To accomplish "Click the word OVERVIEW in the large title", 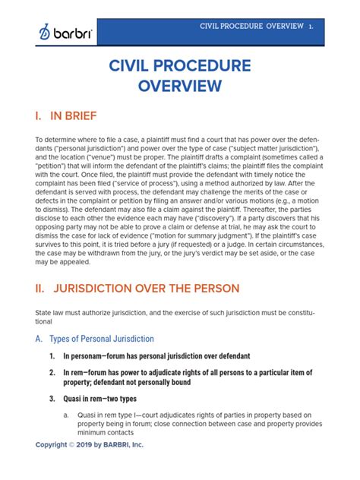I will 179,84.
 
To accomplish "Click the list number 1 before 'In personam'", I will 52,355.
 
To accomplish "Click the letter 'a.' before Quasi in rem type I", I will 67,415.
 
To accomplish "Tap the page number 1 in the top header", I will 311,27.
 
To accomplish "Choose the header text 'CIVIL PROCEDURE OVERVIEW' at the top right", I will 250,27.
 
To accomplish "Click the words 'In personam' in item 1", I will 83,355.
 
